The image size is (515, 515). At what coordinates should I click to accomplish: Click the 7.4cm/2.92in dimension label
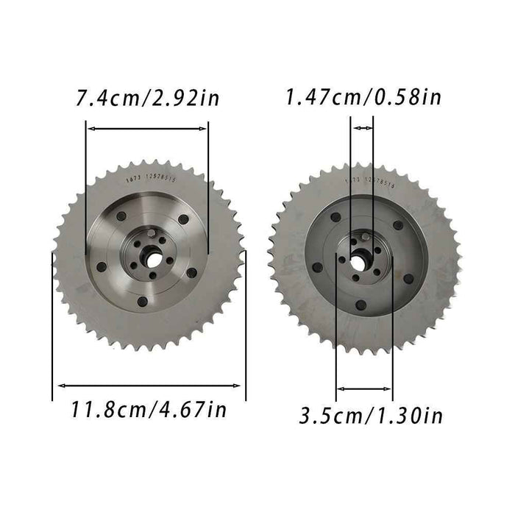coord(148,97)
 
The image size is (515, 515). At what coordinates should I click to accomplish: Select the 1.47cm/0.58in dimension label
coord(363,96)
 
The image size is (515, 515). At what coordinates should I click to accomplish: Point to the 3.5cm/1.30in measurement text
coord(371,416)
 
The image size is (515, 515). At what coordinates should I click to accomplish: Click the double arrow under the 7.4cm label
coord(147,128)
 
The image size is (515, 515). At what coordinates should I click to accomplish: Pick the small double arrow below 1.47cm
coord(363,128)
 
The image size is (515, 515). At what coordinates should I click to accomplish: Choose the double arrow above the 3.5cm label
coord(364,388)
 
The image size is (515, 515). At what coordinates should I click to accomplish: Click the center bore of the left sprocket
coord(151,257)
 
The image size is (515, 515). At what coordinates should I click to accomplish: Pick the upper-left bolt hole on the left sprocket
coord(121,216)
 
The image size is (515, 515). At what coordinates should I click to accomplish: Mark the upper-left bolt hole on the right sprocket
coord(335,217)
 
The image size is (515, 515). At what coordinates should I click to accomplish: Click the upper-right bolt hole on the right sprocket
coord(398,225)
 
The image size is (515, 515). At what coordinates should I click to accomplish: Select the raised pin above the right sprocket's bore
coord(363,237)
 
